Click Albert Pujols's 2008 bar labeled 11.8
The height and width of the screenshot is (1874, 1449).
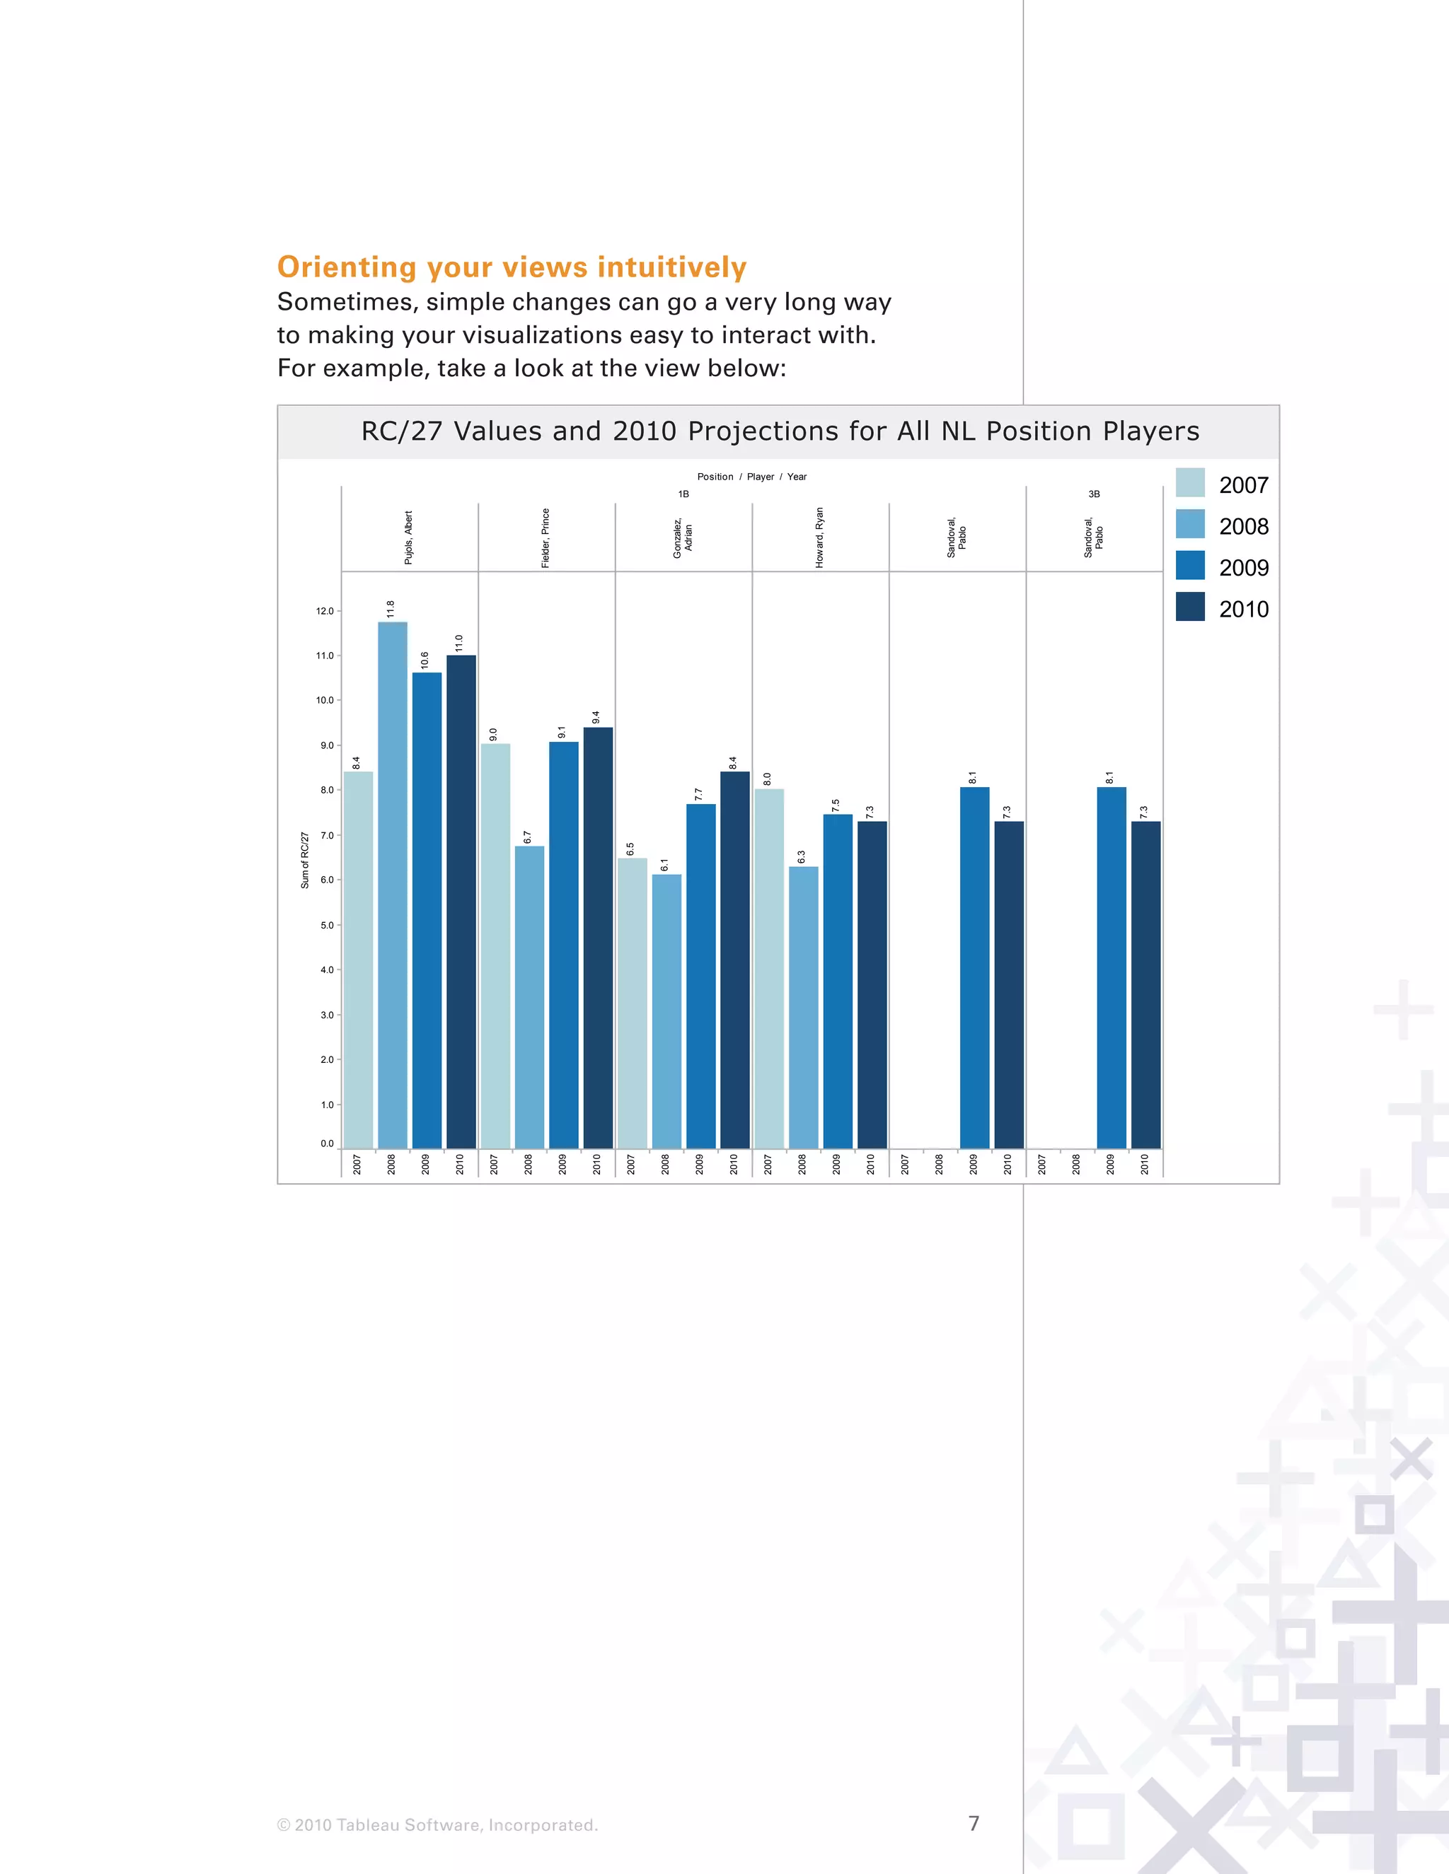click(392, 884)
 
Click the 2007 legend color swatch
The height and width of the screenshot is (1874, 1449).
click(1190, 483)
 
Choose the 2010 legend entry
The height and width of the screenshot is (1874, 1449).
click(1243, 609)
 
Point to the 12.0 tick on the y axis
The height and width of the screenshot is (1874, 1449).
click(325, 611)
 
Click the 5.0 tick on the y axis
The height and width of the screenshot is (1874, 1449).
click(326, 925)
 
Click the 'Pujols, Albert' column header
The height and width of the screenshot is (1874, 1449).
click(409, 538)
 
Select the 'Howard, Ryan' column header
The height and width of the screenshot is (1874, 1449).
click(820, 537)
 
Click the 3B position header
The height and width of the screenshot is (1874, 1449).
click(1094, 494)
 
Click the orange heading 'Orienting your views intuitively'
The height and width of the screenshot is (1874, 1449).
click(512, 267)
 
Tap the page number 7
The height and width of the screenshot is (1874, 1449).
click(974, 1823)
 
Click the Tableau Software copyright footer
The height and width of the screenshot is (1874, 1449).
click(437, 1825)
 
